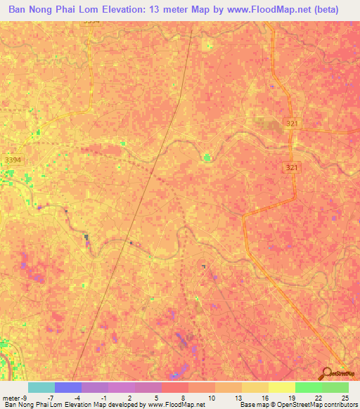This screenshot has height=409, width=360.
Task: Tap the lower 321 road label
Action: (293, 167)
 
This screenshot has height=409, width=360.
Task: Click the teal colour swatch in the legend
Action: (41, 387)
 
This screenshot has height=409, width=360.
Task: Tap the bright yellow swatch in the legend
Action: (281, 387)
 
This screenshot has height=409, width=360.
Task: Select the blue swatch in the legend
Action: (68, 387)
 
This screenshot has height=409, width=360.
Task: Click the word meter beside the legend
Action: (10, 397)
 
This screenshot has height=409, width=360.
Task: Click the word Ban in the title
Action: (19, 10)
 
